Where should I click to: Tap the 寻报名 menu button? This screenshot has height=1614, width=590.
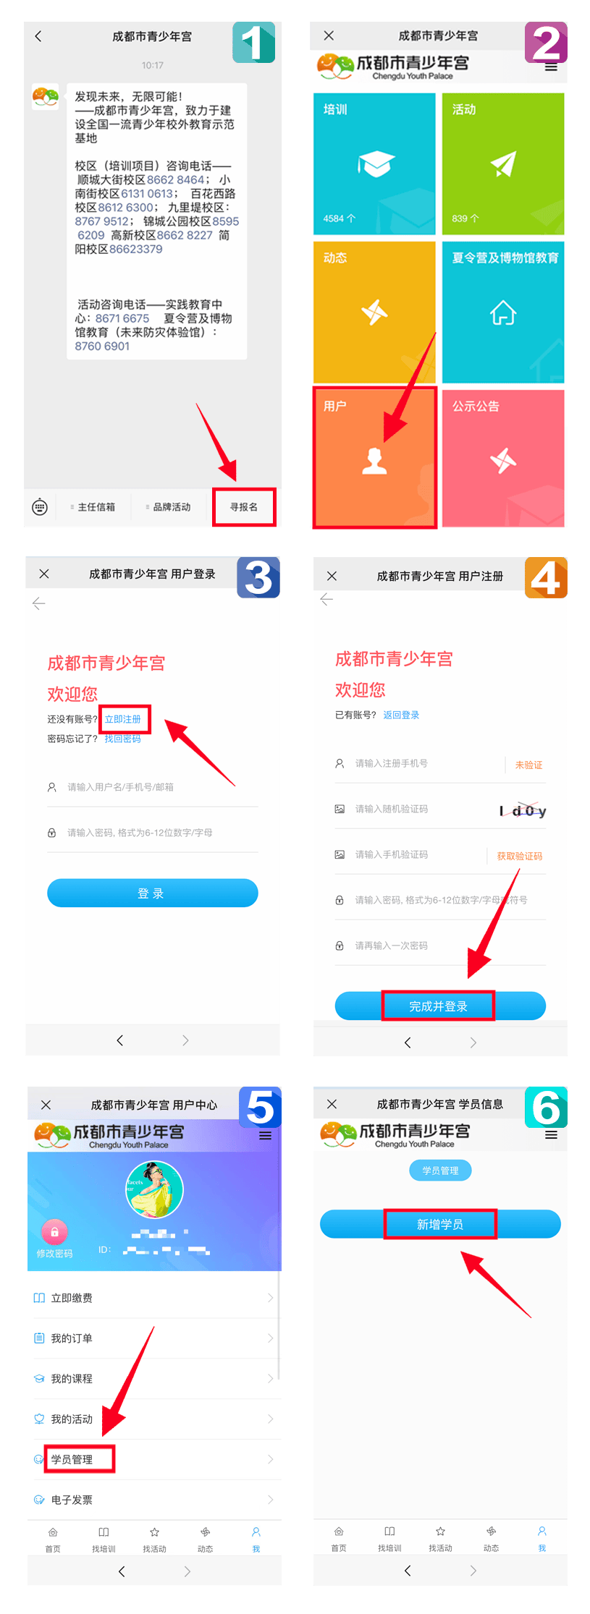(244, 506)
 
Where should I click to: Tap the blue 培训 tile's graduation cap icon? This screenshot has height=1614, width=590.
(375, 164)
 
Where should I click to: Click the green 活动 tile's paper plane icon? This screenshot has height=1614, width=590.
(503, 164)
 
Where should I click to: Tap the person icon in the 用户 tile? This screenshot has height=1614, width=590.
(374, 460)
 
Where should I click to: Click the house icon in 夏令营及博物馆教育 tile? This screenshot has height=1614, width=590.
(503, 313)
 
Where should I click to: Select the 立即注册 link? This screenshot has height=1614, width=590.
(123, 719)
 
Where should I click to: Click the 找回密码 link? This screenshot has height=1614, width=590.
(122, 739)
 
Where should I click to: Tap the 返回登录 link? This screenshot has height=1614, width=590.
(401, 715)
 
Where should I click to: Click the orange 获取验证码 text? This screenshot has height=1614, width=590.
(519, 856)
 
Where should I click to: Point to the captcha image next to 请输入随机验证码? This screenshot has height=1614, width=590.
(523, 810)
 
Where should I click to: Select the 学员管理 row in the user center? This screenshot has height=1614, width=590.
(72, 1459)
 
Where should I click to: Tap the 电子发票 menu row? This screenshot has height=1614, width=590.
(72, 1500)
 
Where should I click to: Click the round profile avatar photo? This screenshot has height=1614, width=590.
(154, 1190)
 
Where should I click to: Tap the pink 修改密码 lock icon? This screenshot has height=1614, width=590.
(54, 1231)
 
